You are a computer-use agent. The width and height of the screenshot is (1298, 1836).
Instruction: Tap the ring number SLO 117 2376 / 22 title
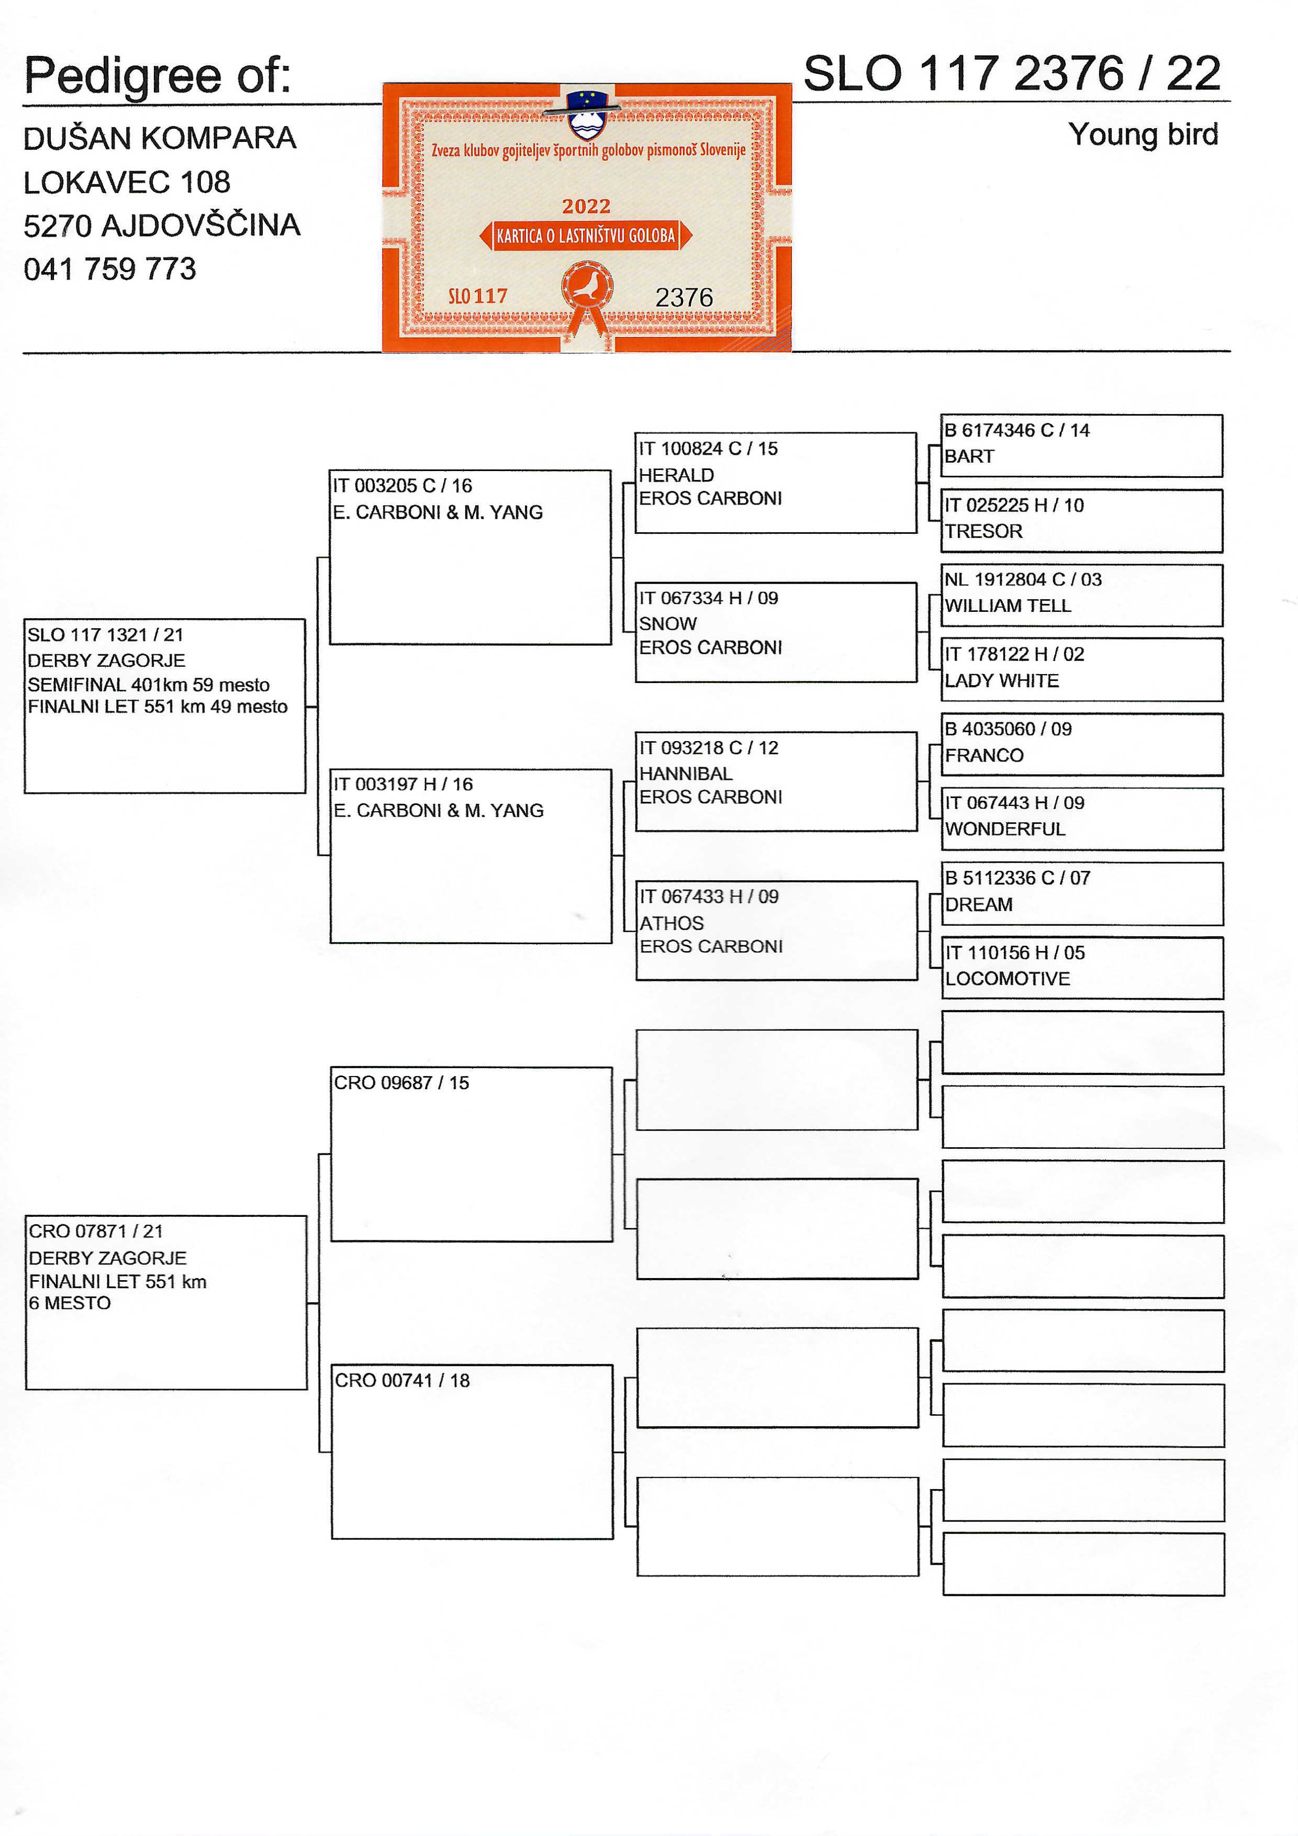1012,74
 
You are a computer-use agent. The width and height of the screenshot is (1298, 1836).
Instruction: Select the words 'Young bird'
1143,135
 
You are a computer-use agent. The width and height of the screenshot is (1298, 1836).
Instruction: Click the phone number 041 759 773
109,270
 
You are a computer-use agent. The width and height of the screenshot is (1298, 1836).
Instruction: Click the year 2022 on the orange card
586,206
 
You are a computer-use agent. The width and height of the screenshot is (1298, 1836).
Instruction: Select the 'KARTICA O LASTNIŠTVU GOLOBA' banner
586,236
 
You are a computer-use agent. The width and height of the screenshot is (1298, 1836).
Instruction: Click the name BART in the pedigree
969,456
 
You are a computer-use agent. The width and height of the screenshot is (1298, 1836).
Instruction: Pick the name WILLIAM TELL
1007,606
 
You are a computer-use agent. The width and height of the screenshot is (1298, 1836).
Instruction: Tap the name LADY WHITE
1001,680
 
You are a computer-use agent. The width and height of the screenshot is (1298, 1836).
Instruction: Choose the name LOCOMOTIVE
1007,979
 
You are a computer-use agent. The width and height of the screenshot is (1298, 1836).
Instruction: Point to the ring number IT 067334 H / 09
708,598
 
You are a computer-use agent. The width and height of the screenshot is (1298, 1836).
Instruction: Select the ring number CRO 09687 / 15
401,1083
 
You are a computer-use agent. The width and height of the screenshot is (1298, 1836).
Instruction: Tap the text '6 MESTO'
70,1303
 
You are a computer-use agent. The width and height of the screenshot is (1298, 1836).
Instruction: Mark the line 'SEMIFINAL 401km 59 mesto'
149,685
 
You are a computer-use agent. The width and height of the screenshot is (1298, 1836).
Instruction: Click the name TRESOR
983,531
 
